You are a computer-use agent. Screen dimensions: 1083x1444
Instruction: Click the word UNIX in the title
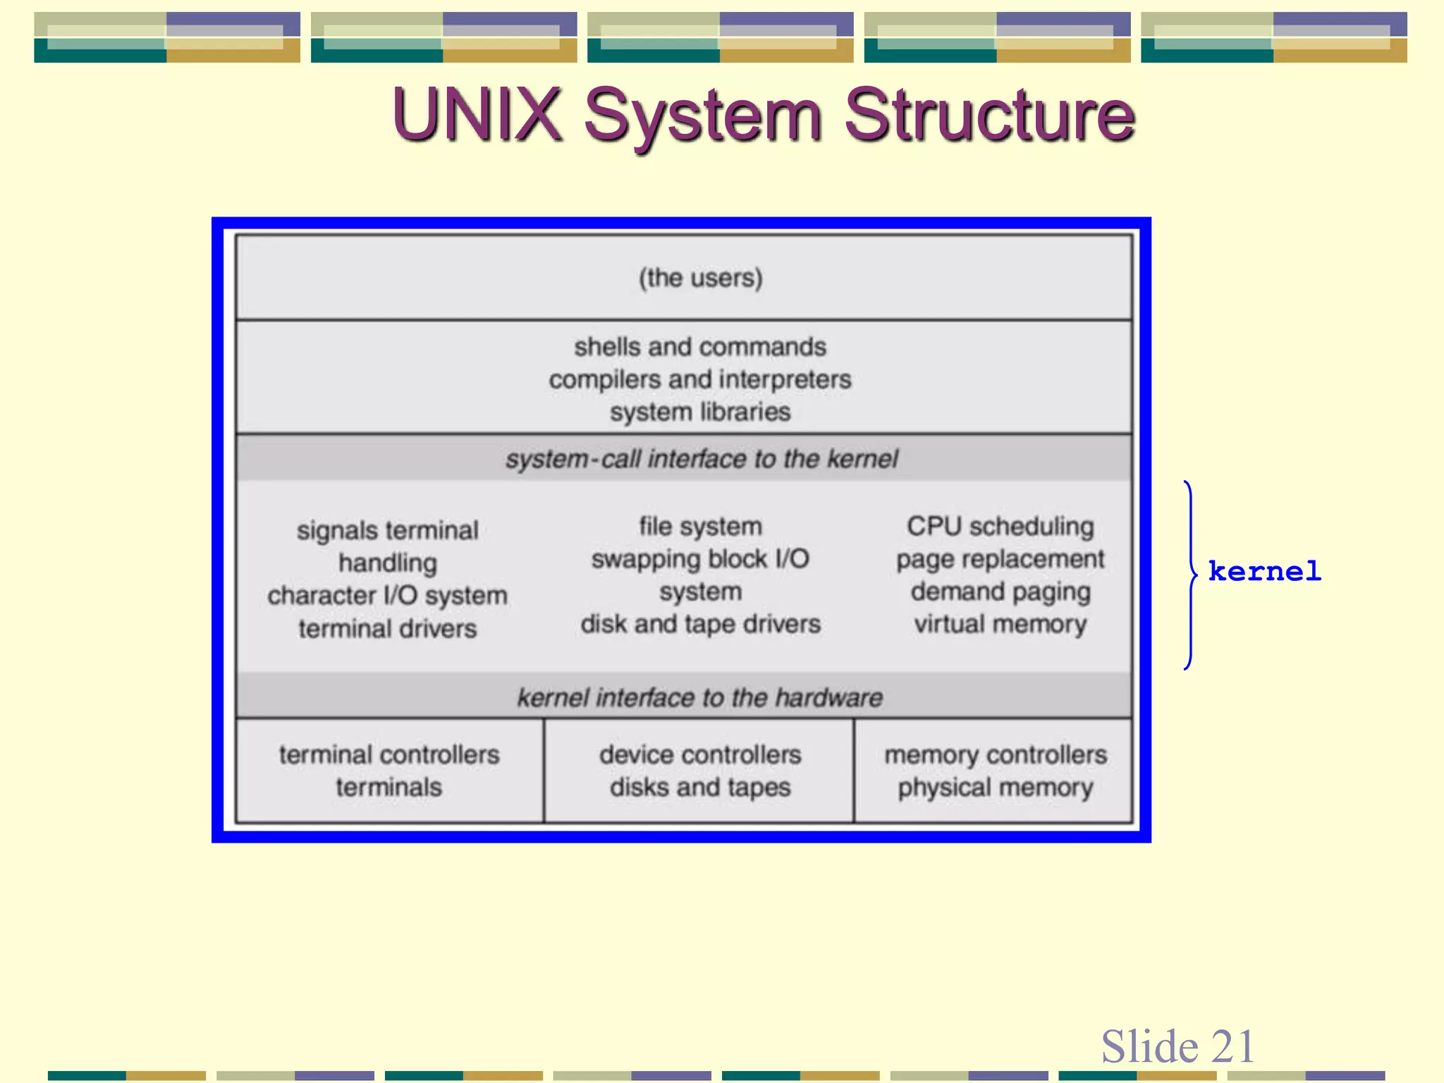pyautogui.click(x=477, y=115)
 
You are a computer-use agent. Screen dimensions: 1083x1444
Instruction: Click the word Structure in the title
pyautogui.click(x=989, y=115)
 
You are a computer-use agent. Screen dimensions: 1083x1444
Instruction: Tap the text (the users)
pyautogui.click(x=700, y=278)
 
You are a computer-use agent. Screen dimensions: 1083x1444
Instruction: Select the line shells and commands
pyautogui.click(x=700, y=347)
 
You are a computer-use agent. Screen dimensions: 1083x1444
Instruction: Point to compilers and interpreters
pyautogui.click(x=700, y=379)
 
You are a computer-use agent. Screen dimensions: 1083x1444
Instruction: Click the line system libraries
pyautogui.click(x=700, y=412)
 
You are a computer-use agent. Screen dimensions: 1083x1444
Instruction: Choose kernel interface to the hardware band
pyautogui.click(x=699, y=697)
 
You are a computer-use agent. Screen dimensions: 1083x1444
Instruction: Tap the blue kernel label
pyautogui.click(x=1264, y=571)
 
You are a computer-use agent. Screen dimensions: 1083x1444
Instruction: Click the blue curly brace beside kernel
pyautogui.click(x=1191, y=575)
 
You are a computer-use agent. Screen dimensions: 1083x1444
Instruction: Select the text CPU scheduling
pyautogui.click(x=1000, y=526)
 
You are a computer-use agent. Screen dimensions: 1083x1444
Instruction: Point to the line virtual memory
pyautogui.click(x=1000, y=624)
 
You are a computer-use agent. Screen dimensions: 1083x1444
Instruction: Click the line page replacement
pyautogui.click(x=1000, y=559)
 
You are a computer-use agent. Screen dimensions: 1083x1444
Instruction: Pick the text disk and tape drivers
pyautogui.click(x=700, y=624)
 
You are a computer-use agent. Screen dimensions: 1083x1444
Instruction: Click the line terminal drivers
pyautogui.click(x=387, y=628)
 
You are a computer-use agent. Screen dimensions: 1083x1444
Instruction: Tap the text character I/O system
pyautogui.click(x=387, y=596)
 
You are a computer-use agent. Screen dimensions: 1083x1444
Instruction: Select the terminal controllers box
pyautogui.click(x=389, y=770)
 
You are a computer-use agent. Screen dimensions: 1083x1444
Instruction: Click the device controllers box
pyautogui.click(x=699, y=770)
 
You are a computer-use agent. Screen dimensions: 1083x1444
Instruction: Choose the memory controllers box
pyautogui.click(x=995, y=770)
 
